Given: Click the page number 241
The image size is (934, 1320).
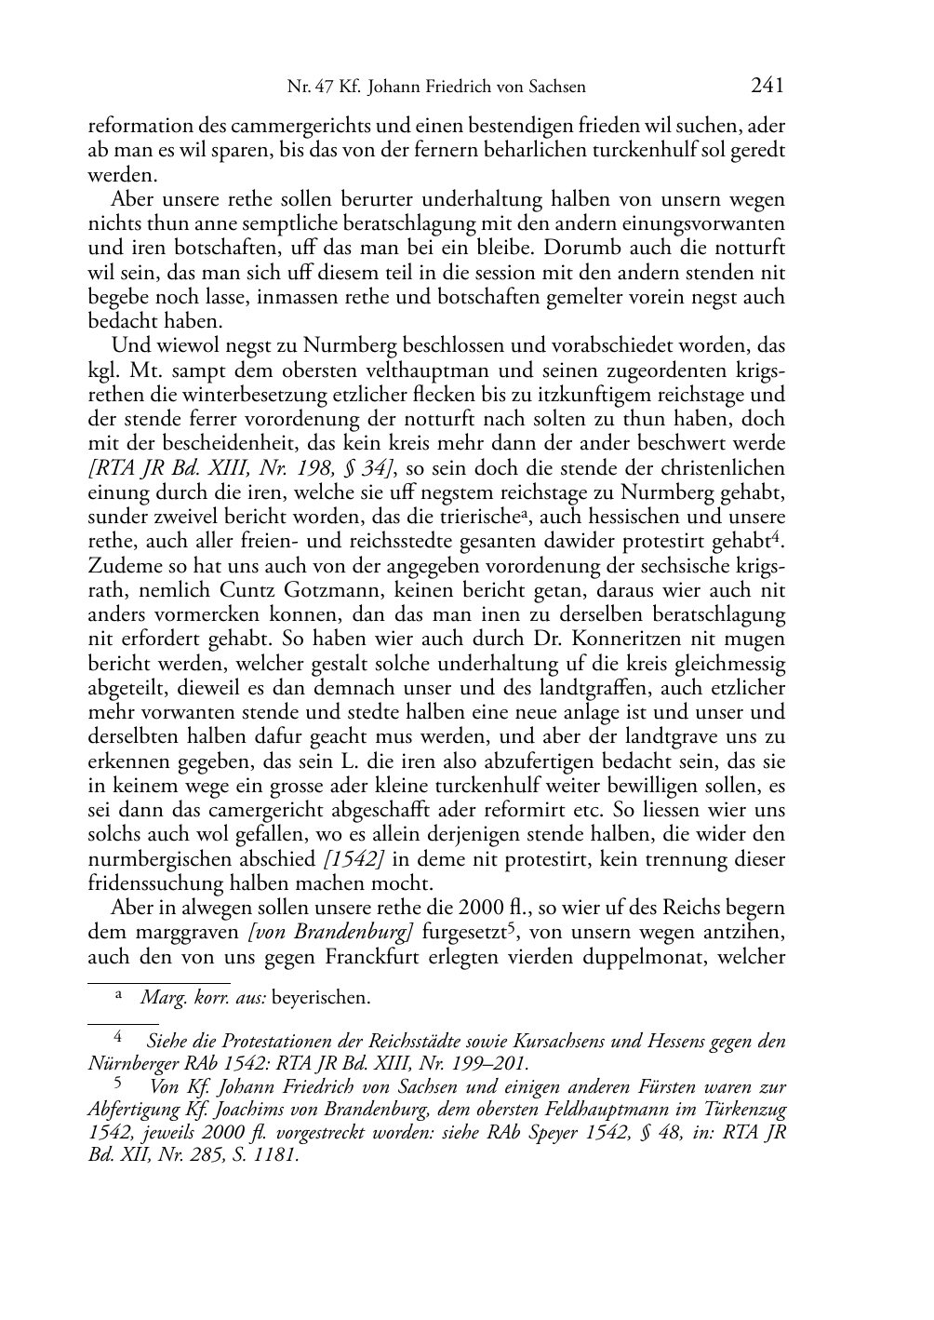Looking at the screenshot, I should tap(767, 87).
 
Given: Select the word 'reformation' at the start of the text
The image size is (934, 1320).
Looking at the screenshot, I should tap(131, 127).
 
